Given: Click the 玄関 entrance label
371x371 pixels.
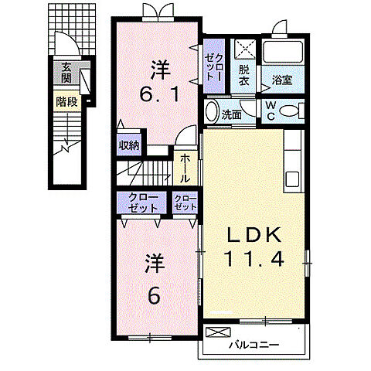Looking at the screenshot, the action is click(66, 73).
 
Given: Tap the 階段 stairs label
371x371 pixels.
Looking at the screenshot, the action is click(66, 102).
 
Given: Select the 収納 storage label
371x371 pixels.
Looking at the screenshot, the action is click(129, 146).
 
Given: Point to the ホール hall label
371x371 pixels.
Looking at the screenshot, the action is click(185, 168).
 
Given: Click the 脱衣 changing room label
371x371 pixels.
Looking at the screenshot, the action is click(243, 75).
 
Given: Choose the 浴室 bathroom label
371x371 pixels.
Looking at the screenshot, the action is click(282, 80).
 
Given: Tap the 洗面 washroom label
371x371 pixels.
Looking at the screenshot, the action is click(232, 115).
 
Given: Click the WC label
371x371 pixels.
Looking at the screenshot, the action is click(271, 111).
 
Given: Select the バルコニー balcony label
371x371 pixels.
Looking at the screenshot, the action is click(254, 345).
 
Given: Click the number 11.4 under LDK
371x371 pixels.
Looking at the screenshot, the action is click(254, 258).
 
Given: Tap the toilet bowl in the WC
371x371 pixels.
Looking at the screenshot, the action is click(291, 111).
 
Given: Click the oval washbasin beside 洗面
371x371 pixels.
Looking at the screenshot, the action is click(212, 111).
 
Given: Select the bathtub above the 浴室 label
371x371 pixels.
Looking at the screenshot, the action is click(283, 52).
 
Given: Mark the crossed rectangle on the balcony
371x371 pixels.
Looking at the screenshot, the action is click(218, 332).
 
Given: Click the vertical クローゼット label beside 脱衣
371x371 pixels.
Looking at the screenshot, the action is click(214, 67).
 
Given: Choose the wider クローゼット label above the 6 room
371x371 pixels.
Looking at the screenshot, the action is click(142, 203).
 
